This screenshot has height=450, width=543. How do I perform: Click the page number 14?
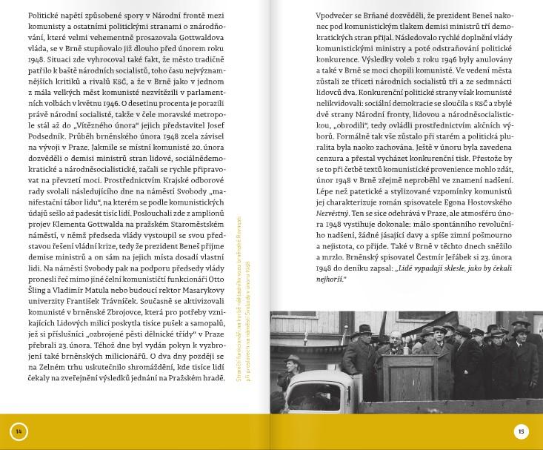[x=19, y=431]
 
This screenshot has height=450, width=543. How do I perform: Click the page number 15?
[x=522, y=431]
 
